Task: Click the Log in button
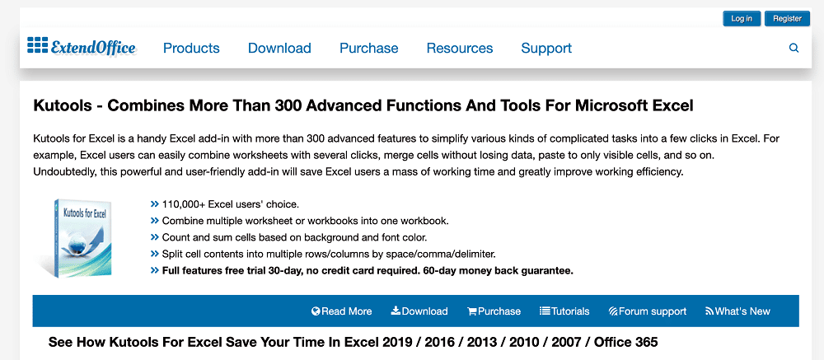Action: [x=742, y=18]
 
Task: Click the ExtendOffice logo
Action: [x=82, y=47]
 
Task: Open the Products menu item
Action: [x=191, y=49]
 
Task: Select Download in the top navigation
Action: [x=279, y=49]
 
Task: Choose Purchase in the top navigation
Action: [x=369, y=49]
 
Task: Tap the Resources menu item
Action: [x=460, y=49]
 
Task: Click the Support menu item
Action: [x=546, y=49]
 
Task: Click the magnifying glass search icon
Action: [x=794, y=49]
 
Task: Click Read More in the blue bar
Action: [x=342, y=311]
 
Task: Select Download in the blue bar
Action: [x=419, y=311]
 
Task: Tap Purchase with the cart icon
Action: [x=494, y=311]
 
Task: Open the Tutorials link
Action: [x=565, y=311]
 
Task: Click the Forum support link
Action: [x=648, y=311]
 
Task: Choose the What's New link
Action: [x=737, y=311]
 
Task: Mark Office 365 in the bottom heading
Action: [x=626, y=343]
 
